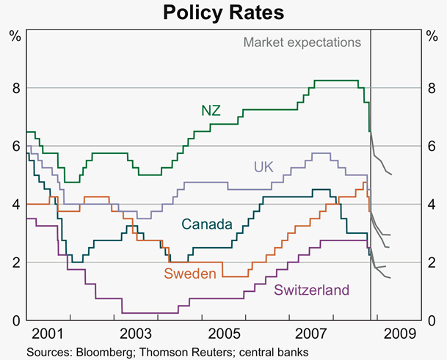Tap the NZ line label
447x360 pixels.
pos(211,111)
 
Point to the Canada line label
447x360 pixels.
pos(208,224)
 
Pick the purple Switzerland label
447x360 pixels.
pos(311,290)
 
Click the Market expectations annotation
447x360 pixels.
pos(302,42)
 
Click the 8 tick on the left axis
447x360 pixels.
pos(14,89)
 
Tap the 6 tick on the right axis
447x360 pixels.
pos(432,147)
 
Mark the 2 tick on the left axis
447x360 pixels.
pos(14,262)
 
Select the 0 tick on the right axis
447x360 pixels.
pos(432,320)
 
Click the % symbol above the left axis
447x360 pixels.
pos(14,34)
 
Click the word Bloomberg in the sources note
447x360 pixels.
pos(105,352)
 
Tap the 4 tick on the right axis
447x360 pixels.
pos(432,205)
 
